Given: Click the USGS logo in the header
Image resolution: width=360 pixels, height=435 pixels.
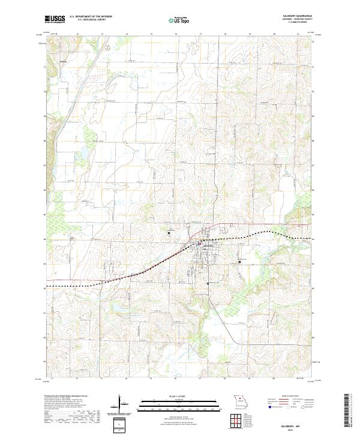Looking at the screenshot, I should (55, 20).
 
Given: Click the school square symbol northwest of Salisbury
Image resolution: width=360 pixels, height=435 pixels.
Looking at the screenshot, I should (169, 233).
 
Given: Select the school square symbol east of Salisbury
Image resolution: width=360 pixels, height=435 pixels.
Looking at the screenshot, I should (239, 261).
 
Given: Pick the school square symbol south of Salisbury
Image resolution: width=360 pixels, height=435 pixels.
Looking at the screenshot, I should (208, 283).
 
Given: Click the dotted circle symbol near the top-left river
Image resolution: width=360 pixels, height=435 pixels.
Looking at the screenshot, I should (108, 46).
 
